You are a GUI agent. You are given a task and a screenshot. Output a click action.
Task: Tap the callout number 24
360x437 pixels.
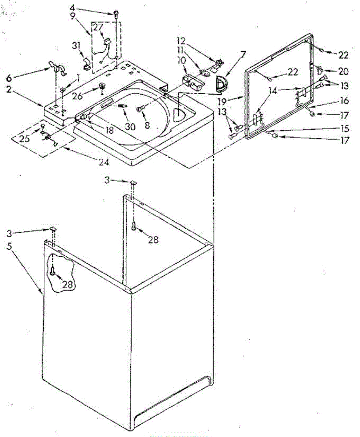tap(104, 163)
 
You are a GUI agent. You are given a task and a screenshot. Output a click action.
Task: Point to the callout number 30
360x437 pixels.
tap(130, 126)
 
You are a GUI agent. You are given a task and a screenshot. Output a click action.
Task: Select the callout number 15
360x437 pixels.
tap(343, 128)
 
